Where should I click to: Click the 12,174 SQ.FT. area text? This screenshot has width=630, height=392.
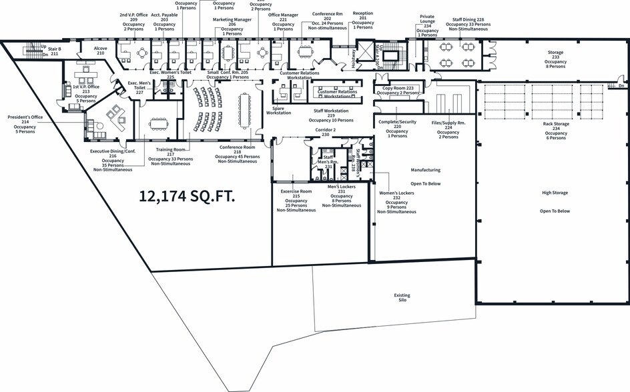point(187,196)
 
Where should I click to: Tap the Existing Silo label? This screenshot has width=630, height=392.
point(402,298)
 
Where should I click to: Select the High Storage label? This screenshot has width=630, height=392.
point(555,193)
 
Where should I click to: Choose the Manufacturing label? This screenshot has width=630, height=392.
point(425,170)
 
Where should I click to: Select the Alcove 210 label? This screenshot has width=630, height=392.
point(101,51)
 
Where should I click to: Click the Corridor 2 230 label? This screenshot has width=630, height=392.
point(326,132)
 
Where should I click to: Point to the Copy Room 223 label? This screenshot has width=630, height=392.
point(398,90)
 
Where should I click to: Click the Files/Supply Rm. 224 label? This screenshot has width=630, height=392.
point(448,129)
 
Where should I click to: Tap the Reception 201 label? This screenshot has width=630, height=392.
point(363,20)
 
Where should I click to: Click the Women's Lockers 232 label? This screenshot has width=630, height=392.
point(396,202)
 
